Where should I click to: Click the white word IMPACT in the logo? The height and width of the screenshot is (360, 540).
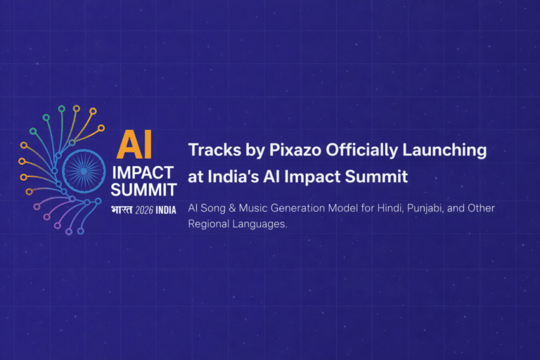(x=142, y=174)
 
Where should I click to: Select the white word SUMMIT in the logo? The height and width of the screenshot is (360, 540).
(x=143, y=190)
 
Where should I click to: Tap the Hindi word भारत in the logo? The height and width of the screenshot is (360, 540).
(x=123, y=210)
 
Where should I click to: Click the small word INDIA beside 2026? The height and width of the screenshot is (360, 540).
(x=166, y=210)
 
